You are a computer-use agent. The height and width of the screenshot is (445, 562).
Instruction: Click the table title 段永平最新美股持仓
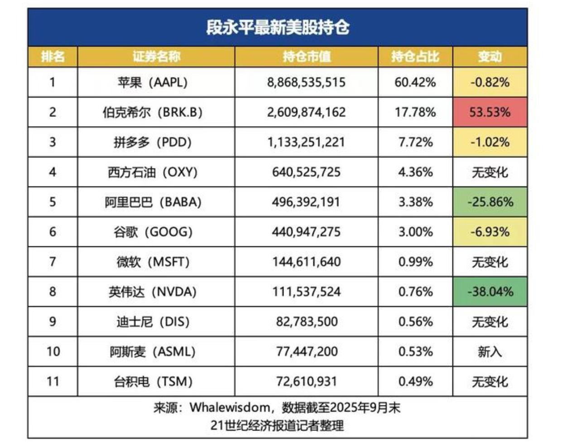(x=278, y=27)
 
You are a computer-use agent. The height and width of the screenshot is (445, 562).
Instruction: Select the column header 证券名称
(x=156, y=57)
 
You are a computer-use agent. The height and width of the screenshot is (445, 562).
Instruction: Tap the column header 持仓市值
(x=307, y=57)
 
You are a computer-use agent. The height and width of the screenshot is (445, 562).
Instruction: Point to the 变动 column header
(x=490, y=57)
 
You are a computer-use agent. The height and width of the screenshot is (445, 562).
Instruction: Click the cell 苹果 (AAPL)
(x=153, y=83)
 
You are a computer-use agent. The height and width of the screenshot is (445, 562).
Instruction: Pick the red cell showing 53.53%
(x=490, y=112)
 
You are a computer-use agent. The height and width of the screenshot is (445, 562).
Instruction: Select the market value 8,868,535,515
(x=306, y=83)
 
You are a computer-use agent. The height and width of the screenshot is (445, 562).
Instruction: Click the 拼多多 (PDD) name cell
(x=153, y=142)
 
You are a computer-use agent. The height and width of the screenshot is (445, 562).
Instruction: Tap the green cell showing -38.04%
(x=490, y=292)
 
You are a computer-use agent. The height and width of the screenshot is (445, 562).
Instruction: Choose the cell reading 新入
(x=490, y=352)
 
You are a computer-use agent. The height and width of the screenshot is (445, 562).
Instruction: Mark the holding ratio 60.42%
(x=415, y=83)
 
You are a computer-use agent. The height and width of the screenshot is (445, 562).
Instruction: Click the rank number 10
(x=53, y=352)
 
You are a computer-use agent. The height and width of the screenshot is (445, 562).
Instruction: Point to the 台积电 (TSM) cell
(x=153, y=381)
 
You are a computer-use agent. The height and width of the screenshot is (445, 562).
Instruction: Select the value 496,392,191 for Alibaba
(x=306, y=202)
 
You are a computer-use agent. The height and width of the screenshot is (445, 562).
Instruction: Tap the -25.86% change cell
(x=490, y=202)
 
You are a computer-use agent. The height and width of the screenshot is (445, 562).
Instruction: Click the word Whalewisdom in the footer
(x=230, y=407)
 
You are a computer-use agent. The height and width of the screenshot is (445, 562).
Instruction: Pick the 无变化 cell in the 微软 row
(x=490, y=262)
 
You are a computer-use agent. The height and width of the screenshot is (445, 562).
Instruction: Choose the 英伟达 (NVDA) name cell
(x=153, y=292)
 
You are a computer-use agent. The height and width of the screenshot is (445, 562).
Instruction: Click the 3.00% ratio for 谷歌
(x=415, y=232)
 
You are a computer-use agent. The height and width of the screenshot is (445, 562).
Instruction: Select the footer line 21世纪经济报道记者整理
(x=277, y=425)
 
